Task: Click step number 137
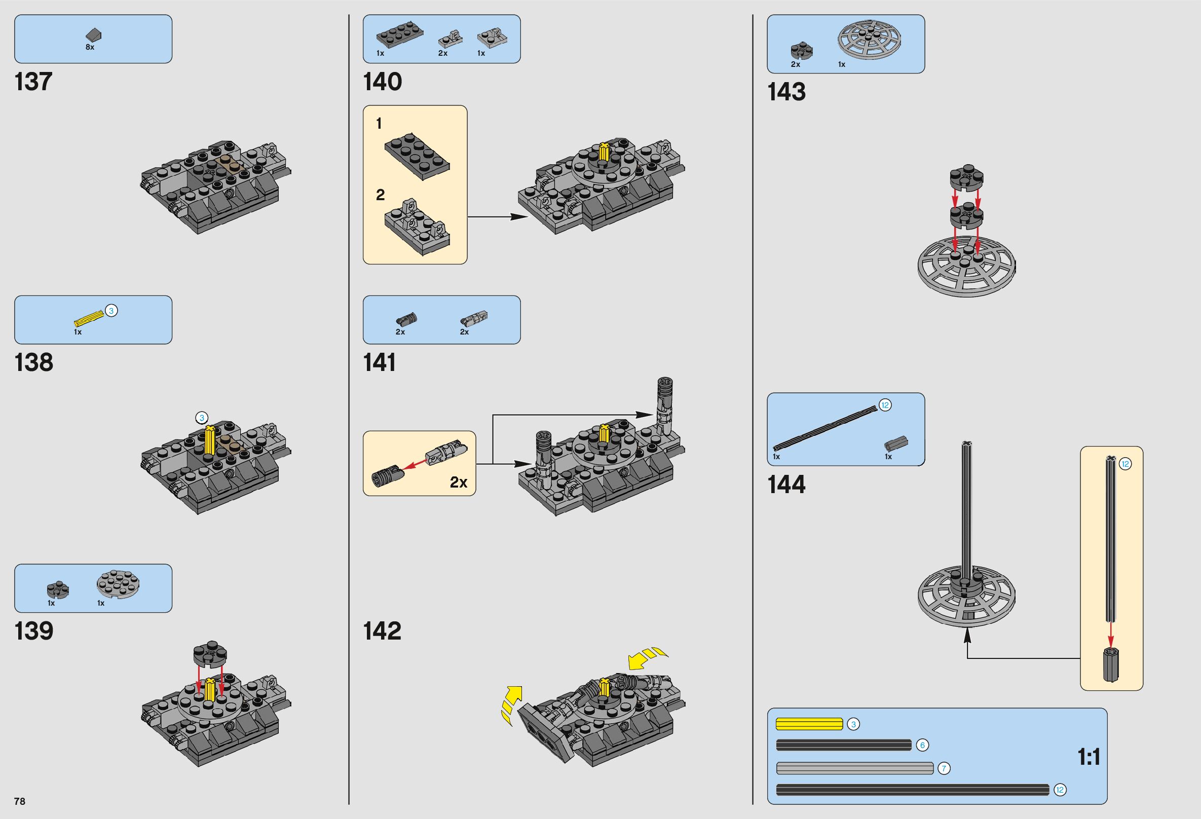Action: tap(33, 82)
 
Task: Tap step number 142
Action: tap(382, 631)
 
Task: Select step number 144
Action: tap(786, 485)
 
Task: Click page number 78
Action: tap(20, 801)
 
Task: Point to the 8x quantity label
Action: tap(90, 47)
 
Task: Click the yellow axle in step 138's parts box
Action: tap(89, 318)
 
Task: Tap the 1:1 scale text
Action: tap(1089, 757)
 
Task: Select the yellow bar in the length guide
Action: tap(809, 724)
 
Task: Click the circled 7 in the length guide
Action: tap(944, 768)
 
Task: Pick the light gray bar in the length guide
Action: tap(854, 768)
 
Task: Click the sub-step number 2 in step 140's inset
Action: tap(381, 195)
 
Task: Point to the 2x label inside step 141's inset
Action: tap(459, 482)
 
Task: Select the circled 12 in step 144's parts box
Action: tap(885, 405)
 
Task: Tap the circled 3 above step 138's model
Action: tap(202, 418)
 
